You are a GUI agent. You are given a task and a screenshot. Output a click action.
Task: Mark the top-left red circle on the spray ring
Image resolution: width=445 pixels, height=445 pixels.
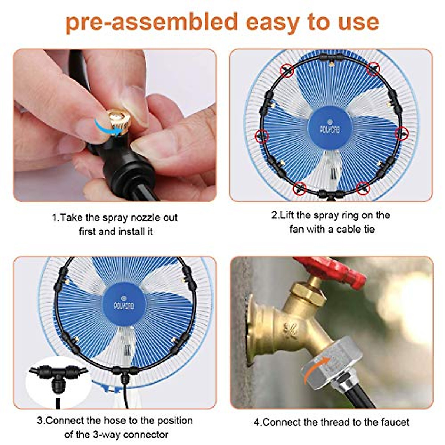coord(287,69)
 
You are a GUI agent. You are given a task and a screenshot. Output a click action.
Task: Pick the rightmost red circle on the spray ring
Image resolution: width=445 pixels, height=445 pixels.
coord(400,133)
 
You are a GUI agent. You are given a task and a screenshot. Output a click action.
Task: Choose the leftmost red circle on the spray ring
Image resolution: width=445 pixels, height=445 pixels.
coord(262,136)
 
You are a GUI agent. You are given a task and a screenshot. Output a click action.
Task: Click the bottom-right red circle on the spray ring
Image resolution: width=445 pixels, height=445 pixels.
coord(363,188)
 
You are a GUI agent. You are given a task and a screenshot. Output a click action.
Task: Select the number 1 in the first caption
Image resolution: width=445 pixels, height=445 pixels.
coord(54,218)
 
